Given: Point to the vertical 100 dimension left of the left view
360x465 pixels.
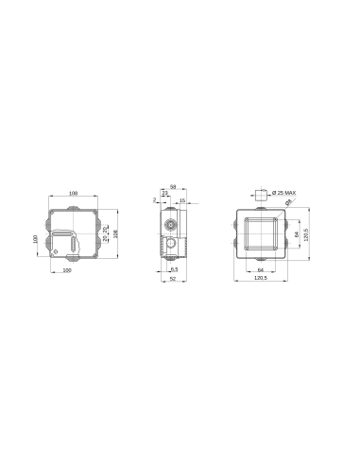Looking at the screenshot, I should (35, 240).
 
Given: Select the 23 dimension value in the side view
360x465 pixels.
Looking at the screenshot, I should (165, 194).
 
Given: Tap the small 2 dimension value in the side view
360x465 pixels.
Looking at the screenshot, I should (153, 200).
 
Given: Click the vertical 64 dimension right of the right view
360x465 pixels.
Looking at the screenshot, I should (297, 234).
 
